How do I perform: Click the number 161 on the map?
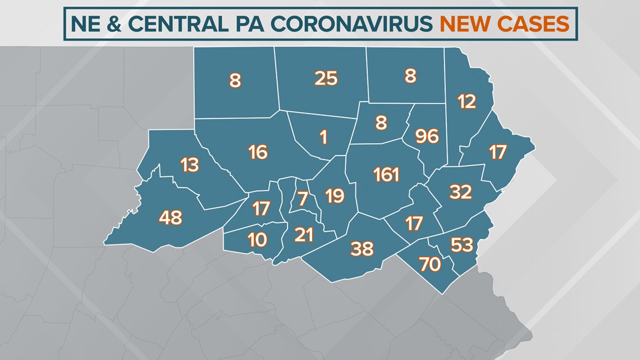point(386,175)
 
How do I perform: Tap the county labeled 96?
point(427,136)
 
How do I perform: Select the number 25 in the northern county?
point(326,79)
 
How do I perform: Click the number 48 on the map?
point(171,217)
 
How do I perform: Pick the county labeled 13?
point(190,165)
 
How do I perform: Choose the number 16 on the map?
point(258,152)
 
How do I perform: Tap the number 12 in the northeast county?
point(467,102)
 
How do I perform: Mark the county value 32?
point(460,192)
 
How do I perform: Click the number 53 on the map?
point(462,245)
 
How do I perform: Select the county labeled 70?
point(430,264)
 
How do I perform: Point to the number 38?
point(362,248)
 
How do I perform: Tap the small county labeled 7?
point(303,198)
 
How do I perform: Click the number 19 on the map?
point(335,196)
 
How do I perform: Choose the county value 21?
point(304,235)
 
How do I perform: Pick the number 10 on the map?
point(257,240)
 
